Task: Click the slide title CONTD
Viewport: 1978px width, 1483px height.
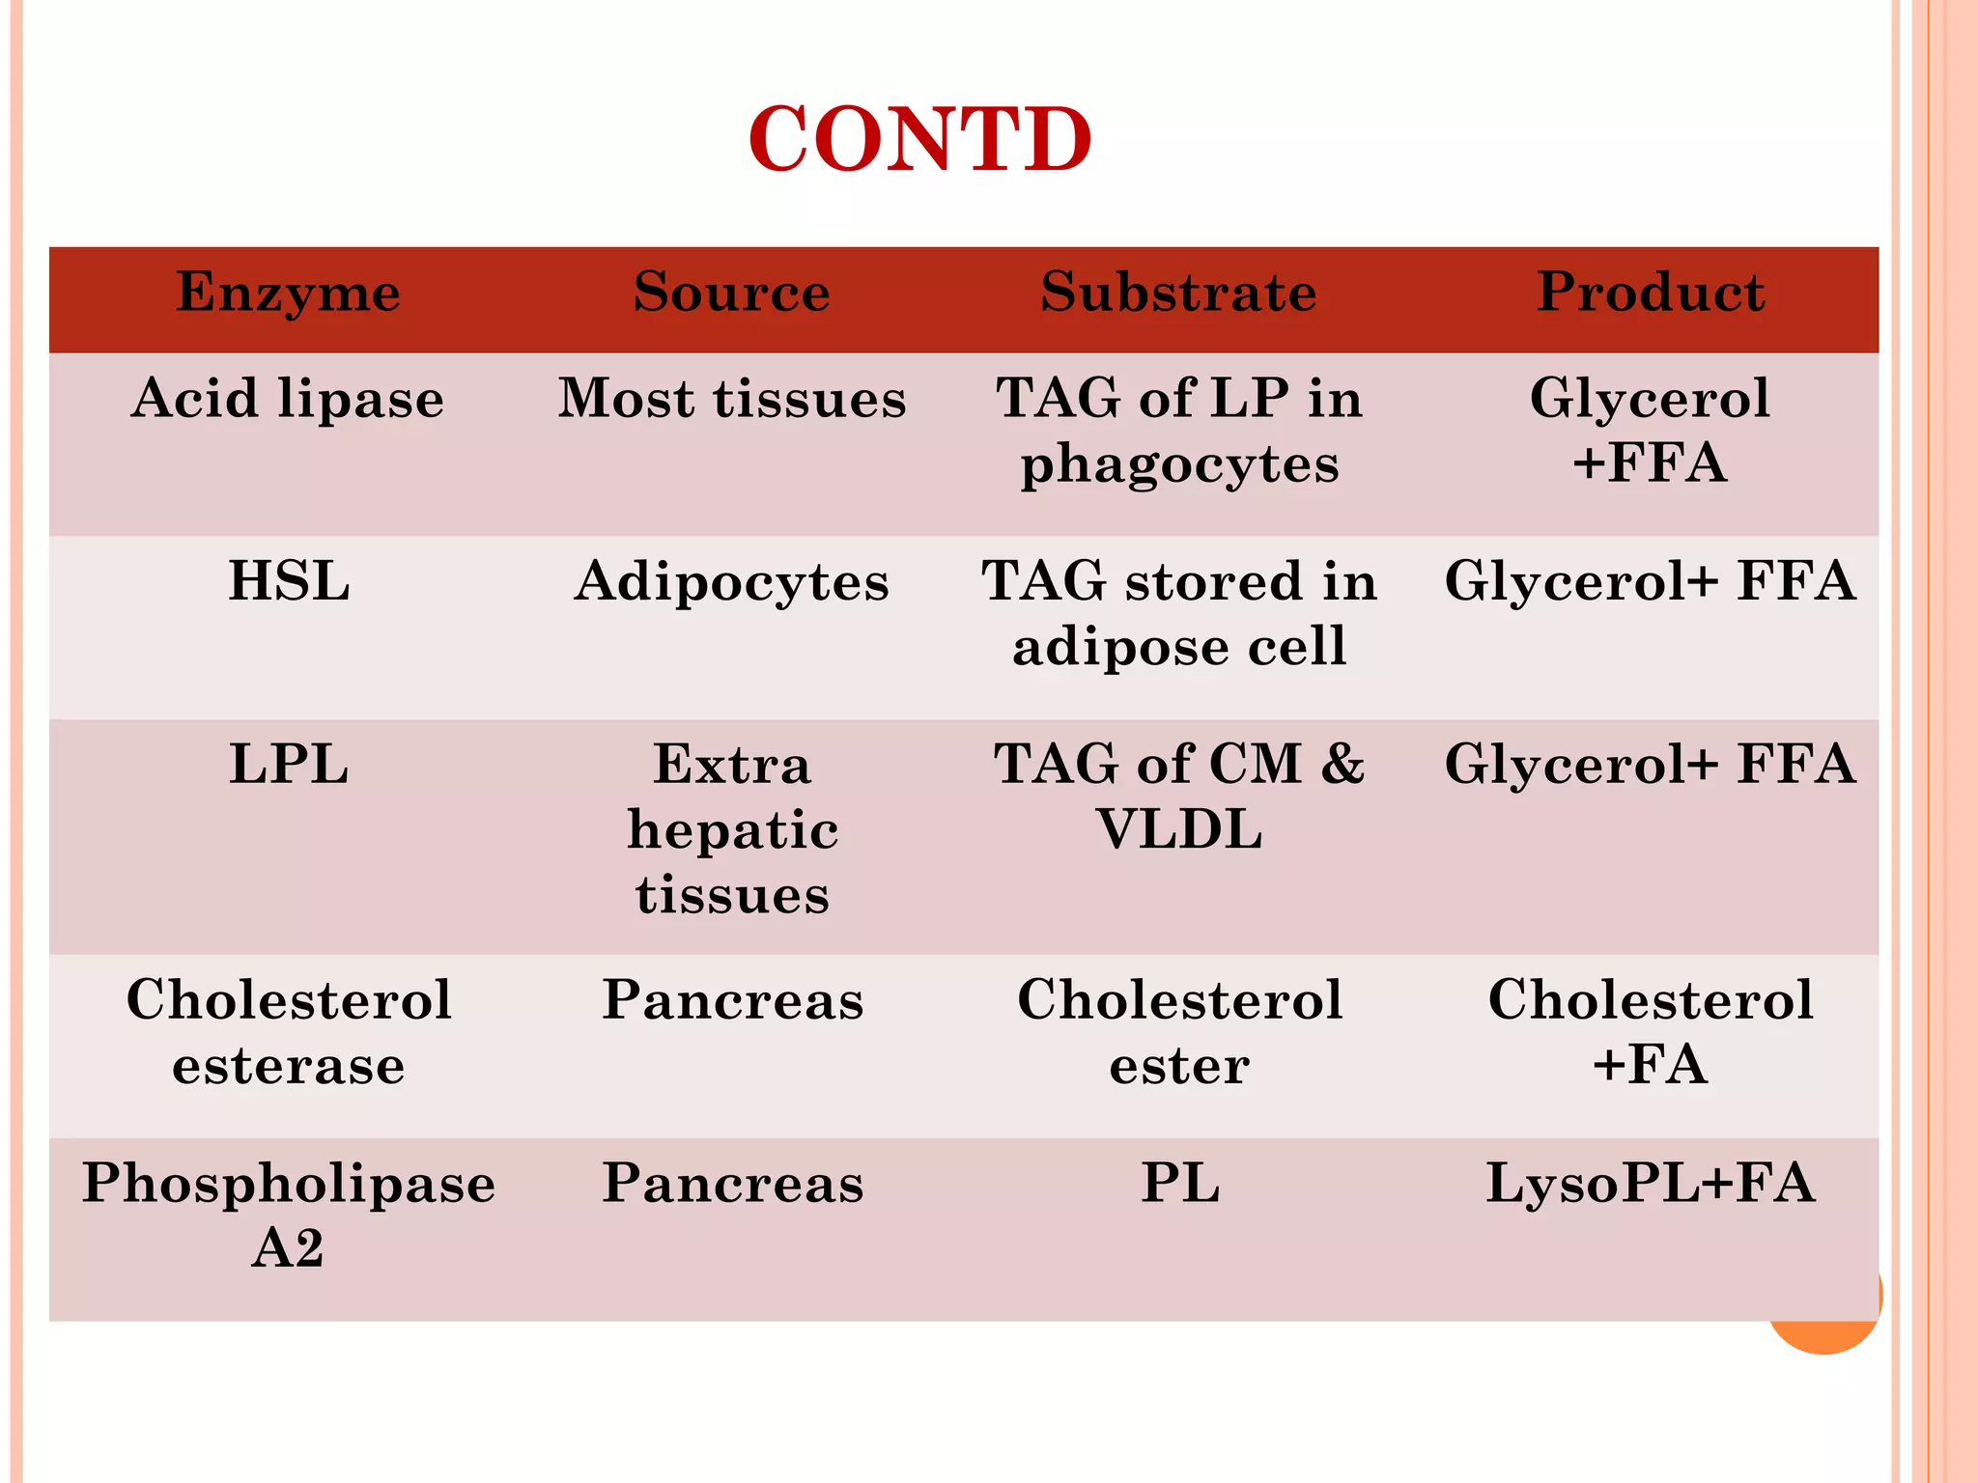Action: point(919,140)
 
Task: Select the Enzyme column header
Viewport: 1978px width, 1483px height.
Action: point(288,292)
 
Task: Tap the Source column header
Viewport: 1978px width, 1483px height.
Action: point(731,292)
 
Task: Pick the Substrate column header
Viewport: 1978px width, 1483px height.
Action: point(1178,292)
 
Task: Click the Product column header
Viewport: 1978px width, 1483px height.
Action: point(1650,292)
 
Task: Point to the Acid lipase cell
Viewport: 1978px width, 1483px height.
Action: point(288,399)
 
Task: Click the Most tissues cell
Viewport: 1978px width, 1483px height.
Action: point(731,399)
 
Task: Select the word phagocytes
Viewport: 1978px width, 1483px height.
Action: point(1179,465)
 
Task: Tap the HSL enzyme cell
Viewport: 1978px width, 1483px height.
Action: point(288,582)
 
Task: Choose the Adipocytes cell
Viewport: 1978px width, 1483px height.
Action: point(731,582)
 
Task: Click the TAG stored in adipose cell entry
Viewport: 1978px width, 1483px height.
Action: point(1179,614)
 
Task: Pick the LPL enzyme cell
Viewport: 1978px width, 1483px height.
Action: point(288,765)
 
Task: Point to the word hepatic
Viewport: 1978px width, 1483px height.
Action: point(732,830)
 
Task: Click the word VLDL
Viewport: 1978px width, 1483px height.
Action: point(1179,830)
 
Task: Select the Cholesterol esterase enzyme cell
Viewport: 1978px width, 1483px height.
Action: point(288,1032)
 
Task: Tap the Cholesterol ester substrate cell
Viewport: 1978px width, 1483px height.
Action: point(1179,1032)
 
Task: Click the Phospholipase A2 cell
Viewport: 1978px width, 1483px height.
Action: point(288,1215)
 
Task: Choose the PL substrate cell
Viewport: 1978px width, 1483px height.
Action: point(1179,1183)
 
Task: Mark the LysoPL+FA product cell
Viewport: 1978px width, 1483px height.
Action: point(1650,1183)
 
